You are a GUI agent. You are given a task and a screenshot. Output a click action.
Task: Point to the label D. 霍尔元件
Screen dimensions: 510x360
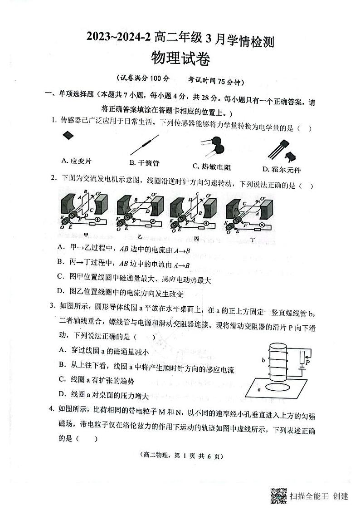click(x=281, y=170)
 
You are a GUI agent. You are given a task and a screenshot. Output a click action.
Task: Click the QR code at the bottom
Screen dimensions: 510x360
click(x=278, y=495)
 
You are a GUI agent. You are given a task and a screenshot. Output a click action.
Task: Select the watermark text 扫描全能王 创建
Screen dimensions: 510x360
click(x=319, y=495)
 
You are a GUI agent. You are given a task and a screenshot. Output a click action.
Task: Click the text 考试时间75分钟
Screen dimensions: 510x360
click(x=217, y=82)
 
